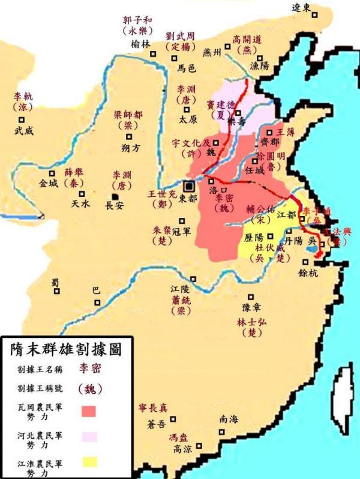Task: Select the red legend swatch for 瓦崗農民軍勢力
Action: pos(89,411)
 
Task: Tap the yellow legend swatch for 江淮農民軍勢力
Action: pos(89,463)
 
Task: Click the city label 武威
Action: pos(25,130)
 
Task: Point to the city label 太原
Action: pos(188,119)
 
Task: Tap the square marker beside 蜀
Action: pos(56,291)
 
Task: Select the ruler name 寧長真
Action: pos(154,408)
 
